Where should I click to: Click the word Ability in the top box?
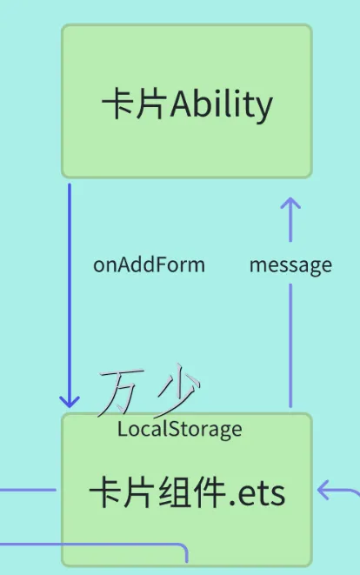pos(222,105)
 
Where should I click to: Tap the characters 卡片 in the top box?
pos(135,105)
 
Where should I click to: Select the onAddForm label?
pos(149,264)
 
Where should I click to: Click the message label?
pos(290,264)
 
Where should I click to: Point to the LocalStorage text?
pos(180,429)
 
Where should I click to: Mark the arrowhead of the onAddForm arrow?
pos(70,400)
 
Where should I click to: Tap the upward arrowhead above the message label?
pos(290,205)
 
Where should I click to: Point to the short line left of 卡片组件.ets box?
pos(26,490)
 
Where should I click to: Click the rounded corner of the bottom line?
pos(182,549)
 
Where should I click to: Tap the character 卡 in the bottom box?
pos(107,493)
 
